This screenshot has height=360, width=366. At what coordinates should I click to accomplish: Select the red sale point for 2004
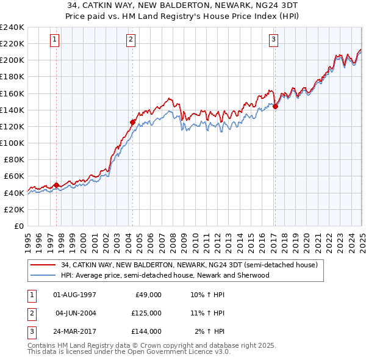[132, 122]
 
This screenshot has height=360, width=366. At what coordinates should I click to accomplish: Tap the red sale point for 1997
[56, 185]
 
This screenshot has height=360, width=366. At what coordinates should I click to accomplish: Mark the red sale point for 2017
[275, 106]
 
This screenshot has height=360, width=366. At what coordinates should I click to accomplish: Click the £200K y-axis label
[12, 60]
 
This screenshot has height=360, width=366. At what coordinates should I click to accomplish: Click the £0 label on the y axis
[18, 226]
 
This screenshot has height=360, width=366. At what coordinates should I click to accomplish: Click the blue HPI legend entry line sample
[43, 275]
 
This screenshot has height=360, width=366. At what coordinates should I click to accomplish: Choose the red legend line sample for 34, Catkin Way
[43, 265]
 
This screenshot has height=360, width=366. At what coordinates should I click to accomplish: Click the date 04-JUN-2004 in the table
[76, 313]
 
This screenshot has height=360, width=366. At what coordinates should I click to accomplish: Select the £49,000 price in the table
[147, 295]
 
